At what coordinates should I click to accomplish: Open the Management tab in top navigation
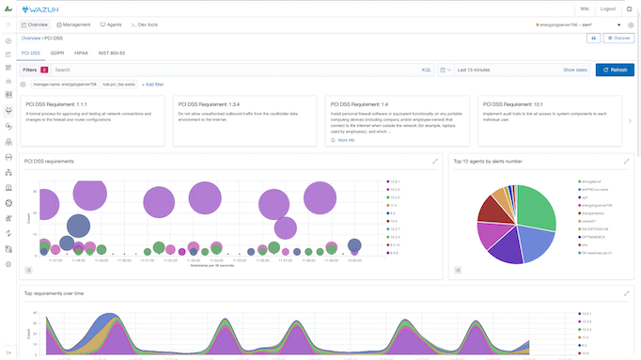[75, 23]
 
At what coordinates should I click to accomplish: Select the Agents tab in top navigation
[111, 23]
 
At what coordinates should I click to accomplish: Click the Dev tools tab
[145, 23]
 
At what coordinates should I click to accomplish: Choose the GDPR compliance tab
[56, 54]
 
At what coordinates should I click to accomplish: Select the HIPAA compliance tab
[82, 54]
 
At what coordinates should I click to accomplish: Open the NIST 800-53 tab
[111, 54]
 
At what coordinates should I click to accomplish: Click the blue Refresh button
[615, 70]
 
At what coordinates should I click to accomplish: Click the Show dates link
[575, 70]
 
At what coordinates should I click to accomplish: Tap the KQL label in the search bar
[427, 70]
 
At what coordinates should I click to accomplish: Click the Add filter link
[158, 85]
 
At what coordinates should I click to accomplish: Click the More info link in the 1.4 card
[345, 139]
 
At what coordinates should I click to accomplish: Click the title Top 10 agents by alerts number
[489, 162]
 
